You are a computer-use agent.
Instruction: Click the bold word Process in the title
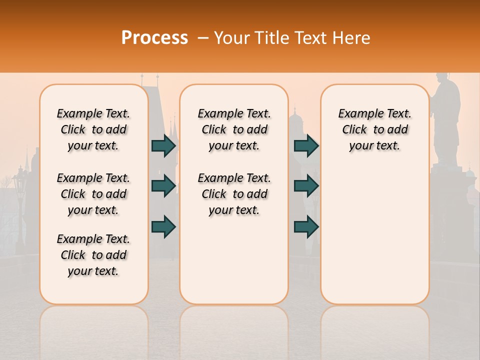coord(154,38)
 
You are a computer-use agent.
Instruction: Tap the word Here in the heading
coord(352,38)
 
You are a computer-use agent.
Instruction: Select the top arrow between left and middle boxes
coord(163,145)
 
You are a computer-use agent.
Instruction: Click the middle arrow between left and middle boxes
coord(163,186)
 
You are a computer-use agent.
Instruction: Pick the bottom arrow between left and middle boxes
coord(163,226)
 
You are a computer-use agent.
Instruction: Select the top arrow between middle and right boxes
coord(306,145)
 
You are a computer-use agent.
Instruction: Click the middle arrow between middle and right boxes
coord(306,186)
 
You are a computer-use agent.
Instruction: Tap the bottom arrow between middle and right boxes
coord(306,226)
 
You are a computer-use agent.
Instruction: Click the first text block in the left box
coord(93,129)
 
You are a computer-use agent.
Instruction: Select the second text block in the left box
coord(93,194)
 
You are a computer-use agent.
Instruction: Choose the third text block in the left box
coord(93,255)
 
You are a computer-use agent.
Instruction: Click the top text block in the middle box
coord(234,129)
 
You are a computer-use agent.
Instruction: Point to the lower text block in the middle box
coord(234,194)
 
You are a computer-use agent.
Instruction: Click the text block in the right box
coord(374,129)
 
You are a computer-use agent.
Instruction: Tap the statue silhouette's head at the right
coord(442,80)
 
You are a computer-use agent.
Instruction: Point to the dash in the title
coord(203,38)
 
